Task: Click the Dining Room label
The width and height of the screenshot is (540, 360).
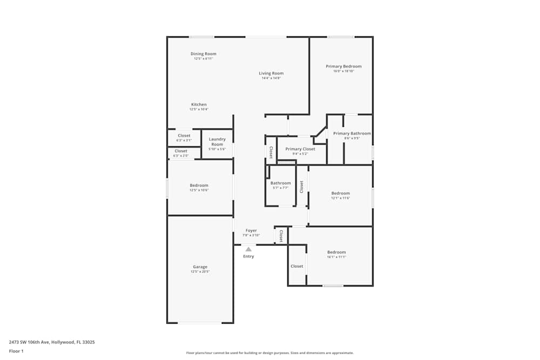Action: [203, 54]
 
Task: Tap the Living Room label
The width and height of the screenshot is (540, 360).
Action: [271, 73]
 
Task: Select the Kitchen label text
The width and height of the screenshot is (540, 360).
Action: [199, 105]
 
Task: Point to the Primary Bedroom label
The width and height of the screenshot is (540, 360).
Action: [343, 66]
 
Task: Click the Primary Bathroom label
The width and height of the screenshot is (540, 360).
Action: [352, 133]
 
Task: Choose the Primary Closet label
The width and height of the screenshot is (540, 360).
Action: [300, 149]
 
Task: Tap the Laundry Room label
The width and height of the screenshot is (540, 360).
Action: [217, 142]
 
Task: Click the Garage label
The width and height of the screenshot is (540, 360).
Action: [200, 267]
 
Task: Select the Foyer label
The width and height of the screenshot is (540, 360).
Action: [251, 230]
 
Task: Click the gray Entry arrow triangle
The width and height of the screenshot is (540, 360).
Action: [248, 249]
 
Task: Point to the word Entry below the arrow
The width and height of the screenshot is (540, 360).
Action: [248, 256]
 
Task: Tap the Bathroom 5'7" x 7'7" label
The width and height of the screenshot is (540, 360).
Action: [280, 184]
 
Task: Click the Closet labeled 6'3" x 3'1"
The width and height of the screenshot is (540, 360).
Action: [184, 136]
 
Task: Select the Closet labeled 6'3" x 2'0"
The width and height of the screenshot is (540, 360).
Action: [181, 151]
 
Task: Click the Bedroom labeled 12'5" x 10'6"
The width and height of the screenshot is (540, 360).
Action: [199, 186]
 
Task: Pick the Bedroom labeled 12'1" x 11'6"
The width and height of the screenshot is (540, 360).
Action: [340, 193]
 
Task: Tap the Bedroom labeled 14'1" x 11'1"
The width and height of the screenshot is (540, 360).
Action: [336, 252]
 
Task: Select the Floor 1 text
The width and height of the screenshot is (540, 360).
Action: [16, 351]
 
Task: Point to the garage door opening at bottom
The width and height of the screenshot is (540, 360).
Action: [200, 323]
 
